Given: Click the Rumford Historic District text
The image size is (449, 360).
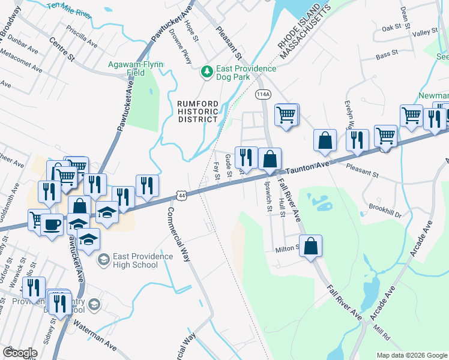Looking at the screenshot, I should click(x=197, y=111).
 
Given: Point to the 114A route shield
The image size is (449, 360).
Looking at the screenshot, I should click(x=262, y=94).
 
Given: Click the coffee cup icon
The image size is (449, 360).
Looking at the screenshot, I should click(x=52, y=224).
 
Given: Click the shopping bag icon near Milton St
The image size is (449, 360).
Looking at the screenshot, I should click(x=310, y=246).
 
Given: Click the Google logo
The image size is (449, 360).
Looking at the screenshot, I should click(x=20, y=353).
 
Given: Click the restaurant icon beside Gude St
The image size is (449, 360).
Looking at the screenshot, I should click(x=246, y=158).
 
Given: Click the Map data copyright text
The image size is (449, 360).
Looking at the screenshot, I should click(x=411, y=355).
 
